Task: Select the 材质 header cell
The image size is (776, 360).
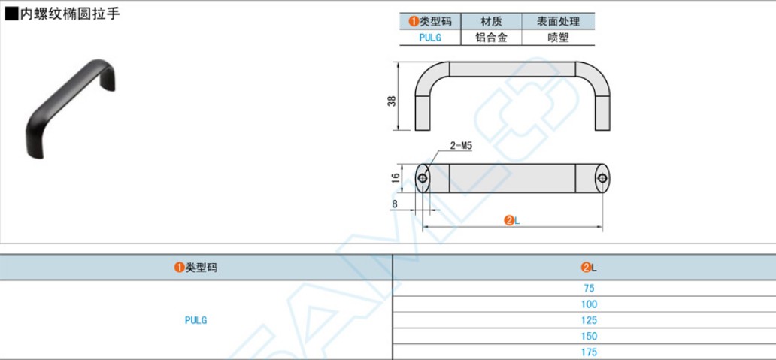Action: pos(491,21)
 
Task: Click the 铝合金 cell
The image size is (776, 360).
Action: pos(491,37)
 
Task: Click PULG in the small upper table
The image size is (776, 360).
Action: pos(430,37)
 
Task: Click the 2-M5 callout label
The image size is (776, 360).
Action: pos(460,146)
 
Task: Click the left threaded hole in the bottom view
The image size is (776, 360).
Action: pos(423,179)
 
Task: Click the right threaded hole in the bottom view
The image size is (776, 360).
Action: pos(602,179)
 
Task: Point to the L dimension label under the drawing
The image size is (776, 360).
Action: pos(513,220)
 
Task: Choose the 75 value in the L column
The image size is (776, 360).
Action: pos(589,289)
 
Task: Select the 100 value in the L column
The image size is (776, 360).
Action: pos(589,304)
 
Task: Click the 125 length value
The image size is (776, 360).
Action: pos(589,320)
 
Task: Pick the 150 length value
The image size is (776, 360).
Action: pos(589,336)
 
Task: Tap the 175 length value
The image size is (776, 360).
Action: pos(589,352)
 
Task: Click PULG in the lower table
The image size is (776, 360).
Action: pos(196,320)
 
